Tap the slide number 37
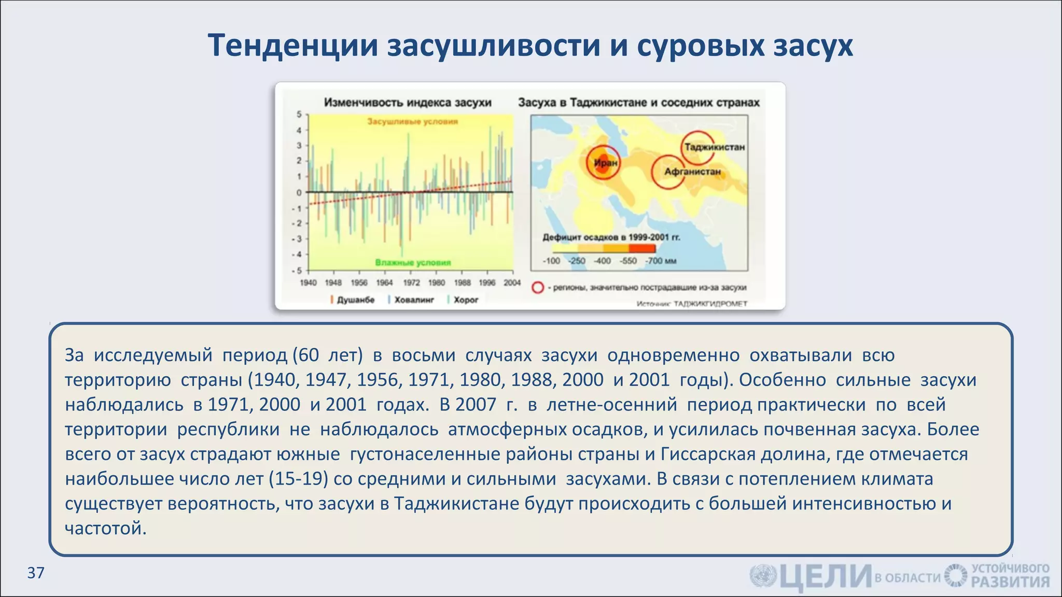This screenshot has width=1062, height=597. tap(36, 573)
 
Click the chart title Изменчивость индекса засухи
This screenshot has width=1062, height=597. tap(408, 103)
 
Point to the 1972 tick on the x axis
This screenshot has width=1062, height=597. tap(411, 282)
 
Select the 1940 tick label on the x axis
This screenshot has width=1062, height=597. tap(308, 282)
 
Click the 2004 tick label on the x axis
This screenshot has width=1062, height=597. tap(512, 282)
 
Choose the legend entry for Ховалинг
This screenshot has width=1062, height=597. tap(414, 300)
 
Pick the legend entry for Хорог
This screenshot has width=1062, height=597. tap(466, 300)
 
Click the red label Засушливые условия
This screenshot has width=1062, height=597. tap(412, 122)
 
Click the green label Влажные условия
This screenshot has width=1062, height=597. tap(413, 262)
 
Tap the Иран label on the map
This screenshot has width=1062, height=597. tap(605, 163)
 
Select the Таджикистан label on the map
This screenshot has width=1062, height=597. tap(714, 147)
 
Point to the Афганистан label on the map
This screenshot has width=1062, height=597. tap(692, 172)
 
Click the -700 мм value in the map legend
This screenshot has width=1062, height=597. tap(661, 261)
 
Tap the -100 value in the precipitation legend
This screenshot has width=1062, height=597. tap(551, 261)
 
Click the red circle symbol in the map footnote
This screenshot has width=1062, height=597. tap(538, 288)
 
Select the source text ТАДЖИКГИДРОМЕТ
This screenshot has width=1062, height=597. tap(710, 304)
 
